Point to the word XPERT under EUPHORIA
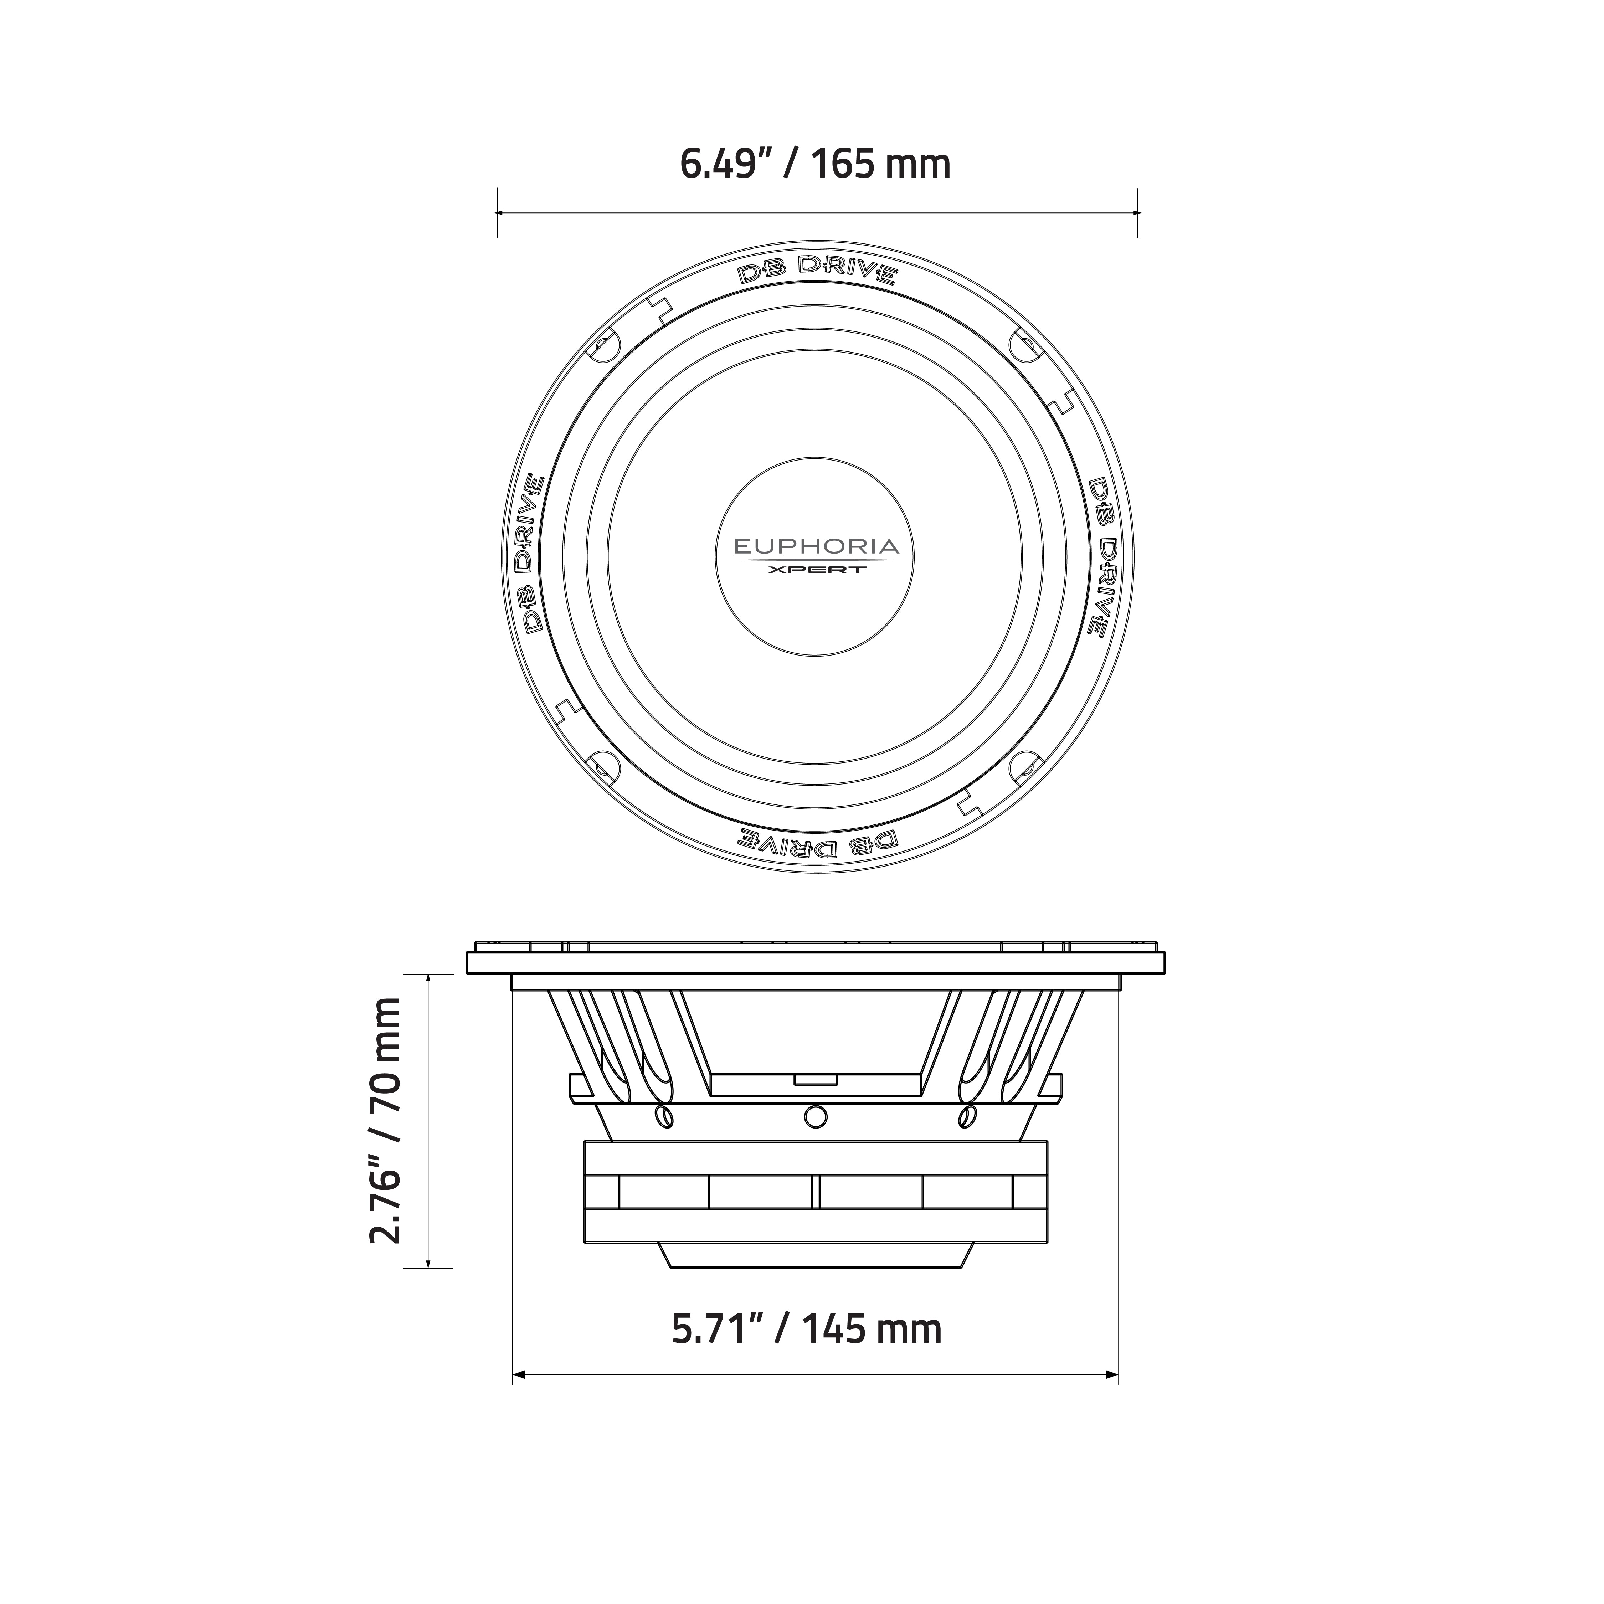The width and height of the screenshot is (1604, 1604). [x=816, y=570]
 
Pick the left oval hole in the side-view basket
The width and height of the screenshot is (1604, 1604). [x=664, y=1117]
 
